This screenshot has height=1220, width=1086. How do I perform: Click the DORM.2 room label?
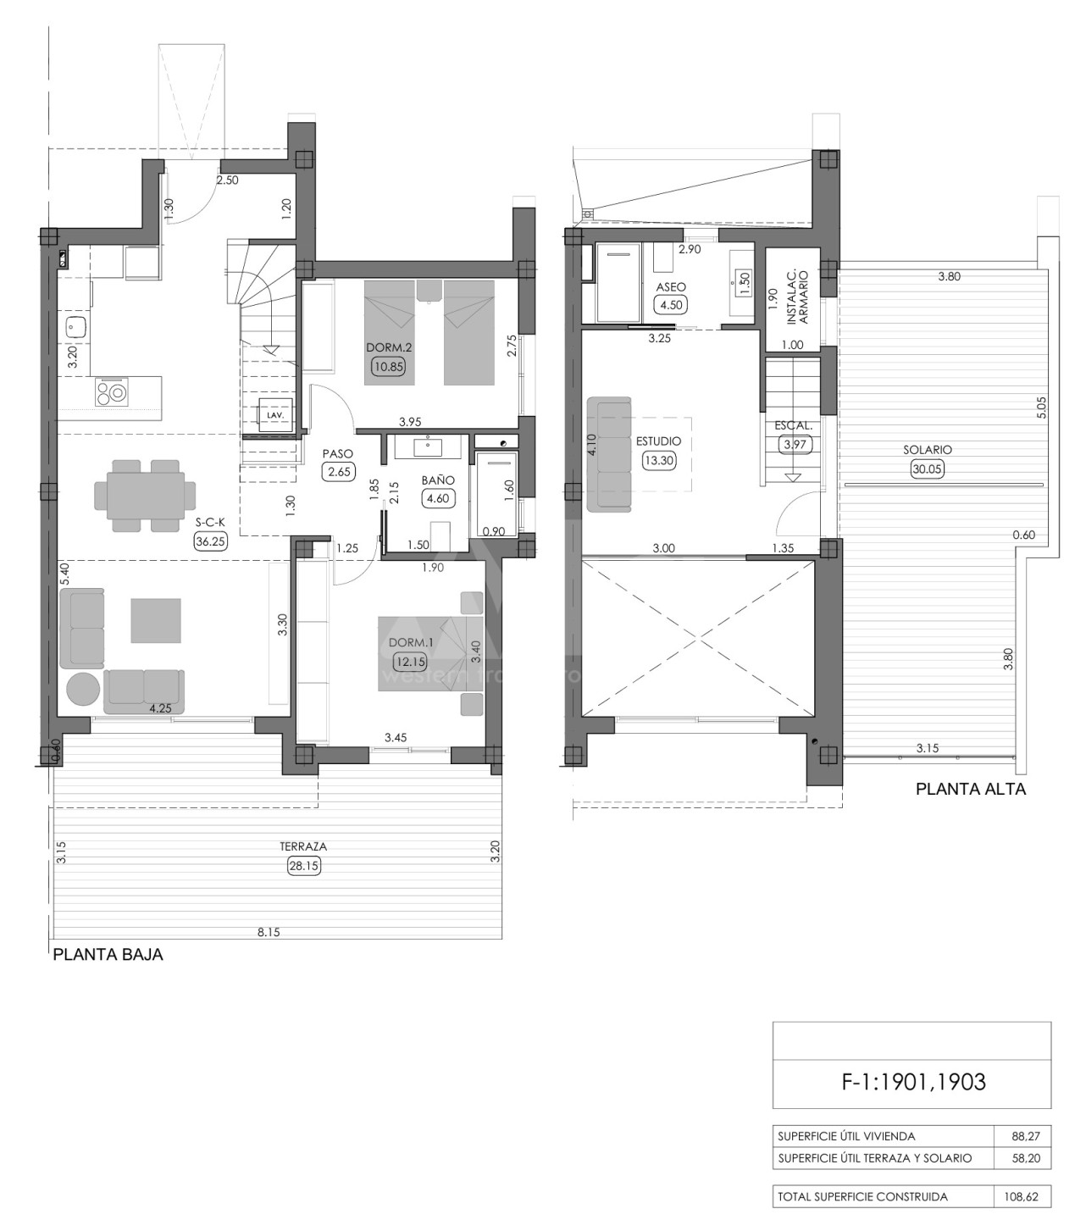[388, 347]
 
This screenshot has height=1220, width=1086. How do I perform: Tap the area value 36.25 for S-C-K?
[210, 541]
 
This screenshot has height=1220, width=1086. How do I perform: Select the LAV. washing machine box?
[275, 415]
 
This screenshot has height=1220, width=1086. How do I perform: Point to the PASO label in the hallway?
[338, 453]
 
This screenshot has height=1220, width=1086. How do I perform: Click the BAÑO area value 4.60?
[438, 498]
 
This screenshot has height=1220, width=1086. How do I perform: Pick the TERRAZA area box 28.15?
[303, 866]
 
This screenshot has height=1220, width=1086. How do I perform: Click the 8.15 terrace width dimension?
[269, 932]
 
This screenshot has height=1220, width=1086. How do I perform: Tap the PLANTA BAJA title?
[108, 955]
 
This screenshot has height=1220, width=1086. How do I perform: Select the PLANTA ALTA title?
[971, 789]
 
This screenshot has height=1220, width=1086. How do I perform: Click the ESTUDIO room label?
[658, 441]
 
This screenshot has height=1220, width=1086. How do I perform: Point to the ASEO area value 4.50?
[671, 305]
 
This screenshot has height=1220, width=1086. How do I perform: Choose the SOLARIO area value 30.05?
[927, 469]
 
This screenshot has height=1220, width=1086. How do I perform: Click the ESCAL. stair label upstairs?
[794, 426]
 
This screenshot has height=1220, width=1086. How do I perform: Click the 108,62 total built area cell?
[1021, 1196]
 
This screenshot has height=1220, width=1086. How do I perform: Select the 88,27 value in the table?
[1026, 1136]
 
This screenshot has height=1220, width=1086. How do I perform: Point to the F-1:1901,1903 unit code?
[913, 1082]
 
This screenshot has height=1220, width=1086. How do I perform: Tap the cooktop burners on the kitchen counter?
[111, 392]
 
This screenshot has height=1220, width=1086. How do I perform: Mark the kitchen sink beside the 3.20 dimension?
[76, 328]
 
